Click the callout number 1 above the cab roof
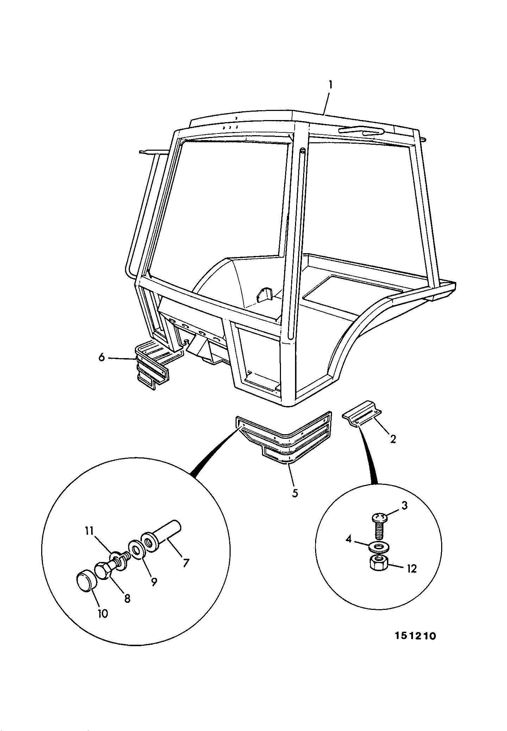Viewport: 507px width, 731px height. coord(330,85)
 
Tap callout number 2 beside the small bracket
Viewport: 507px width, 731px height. coord(393,439)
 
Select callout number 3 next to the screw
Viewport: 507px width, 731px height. coord(404,506)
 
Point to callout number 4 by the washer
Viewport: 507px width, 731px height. coord(349,539)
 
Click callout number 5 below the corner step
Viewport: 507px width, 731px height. coord(295,493)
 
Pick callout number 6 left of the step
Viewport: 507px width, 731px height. coord(101,357)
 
